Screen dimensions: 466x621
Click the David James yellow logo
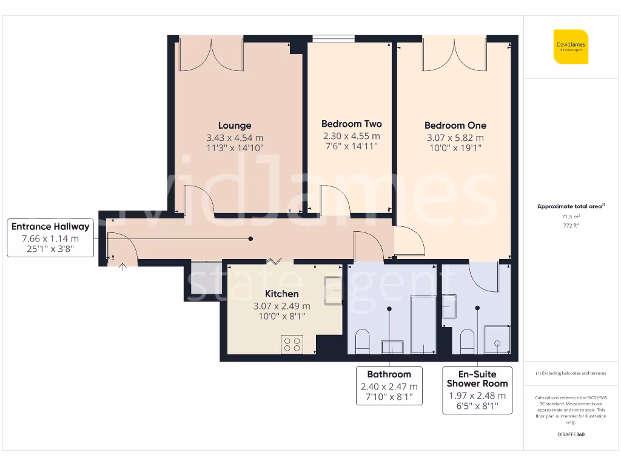(x=571, y=47)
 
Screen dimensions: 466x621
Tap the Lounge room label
(x=235, y=126)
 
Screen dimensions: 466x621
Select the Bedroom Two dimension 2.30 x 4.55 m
(x=351, y=136)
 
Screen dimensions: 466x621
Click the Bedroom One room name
(x=455, y=126)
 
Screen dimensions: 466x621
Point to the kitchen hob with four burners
(x=291, y=344)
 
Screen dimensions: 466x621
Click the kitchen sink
(x=333, y=290)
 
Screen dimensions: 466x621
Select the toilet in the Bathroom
(x=361, y=342)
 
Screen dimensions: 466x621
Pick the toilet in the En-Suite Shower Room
(x=467, y=341)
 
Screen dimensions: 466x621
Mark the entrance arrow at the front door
(x=123, y=266)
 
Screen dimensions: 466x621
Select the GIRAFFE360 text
(x=570, y=434)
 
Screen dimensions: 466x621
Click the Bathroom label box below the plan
(x=389, y=386)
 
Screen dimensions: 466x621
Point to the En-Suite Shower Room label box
(x=477, y=390)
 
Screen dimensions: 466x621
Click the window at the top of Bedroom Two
(x=333, y=39)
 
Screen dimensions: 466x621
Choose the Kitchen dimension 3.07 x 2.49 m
(x=281, y=306)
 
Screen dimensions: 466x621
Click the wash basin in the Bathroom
(x=392, y=346)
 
